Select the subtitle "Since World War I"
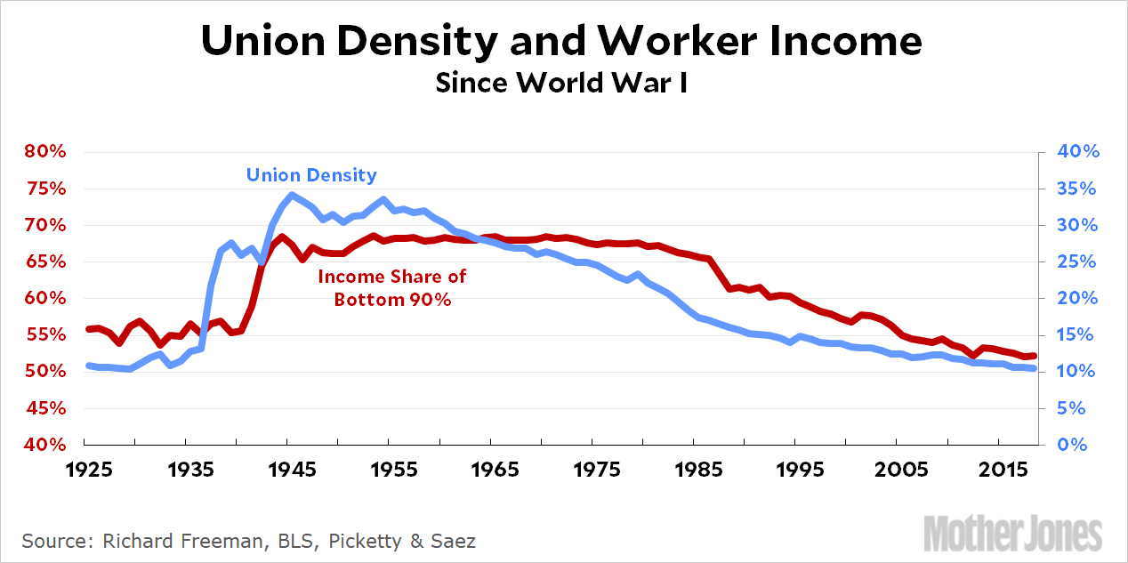(562, 84)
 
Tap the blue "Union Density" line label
(311, 175)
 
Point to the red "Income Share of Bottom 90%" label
(392, 288)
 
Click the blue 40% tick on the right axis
(1079, 152)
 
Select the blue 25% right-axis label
(1079, 261)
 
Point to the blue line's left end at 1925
(86, 366)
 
